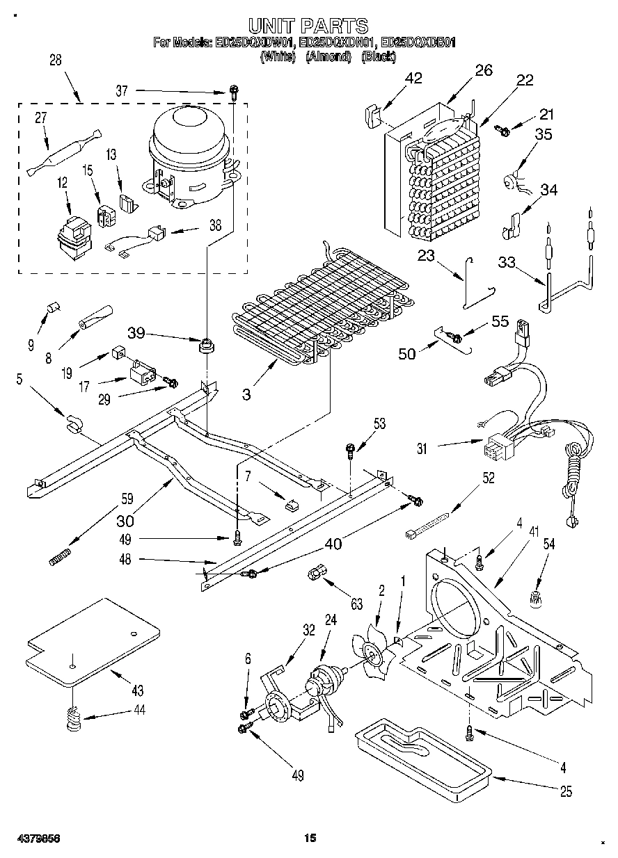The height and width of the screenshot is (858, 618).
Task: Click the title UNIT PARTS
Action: (x=308, y=26)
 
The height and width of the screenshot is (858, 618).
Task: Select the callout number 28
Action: (x=55, y=60)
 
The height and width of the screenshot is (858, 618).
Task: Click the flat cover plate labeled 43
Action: (x=90, y=640)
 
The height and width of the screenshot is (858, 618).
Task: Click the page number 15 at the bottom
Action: (x=310, y=839)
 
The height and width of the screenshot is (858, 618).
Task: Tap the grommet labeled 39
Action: (x=205, y=344)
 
